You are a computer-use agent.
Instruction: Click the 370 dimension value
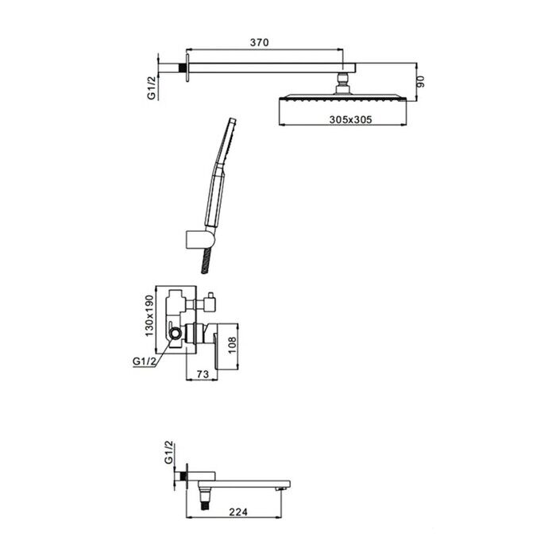tap(259, 43)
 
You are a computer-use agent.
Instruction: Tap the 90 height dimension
tap(420, 82)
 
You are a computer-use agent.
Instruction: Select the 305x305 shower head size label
tap(351, 119)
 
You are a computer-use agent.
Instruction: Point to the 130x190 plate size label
tap(150, 316)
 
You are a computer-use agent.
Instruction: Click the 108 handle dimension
tap(232, 345)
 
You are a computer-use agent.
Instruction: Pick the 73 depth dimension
tap(202, 374)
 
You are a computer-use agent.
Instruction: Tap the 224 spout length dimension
tap(238, 512)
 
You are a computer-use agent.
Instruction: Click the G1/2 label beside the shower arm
tap(153, 88)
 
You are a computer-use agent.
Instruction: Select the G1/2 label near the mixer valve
tap(145, 361)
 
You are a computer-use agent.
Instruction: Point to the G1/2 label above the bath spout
tap(168, 452)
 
